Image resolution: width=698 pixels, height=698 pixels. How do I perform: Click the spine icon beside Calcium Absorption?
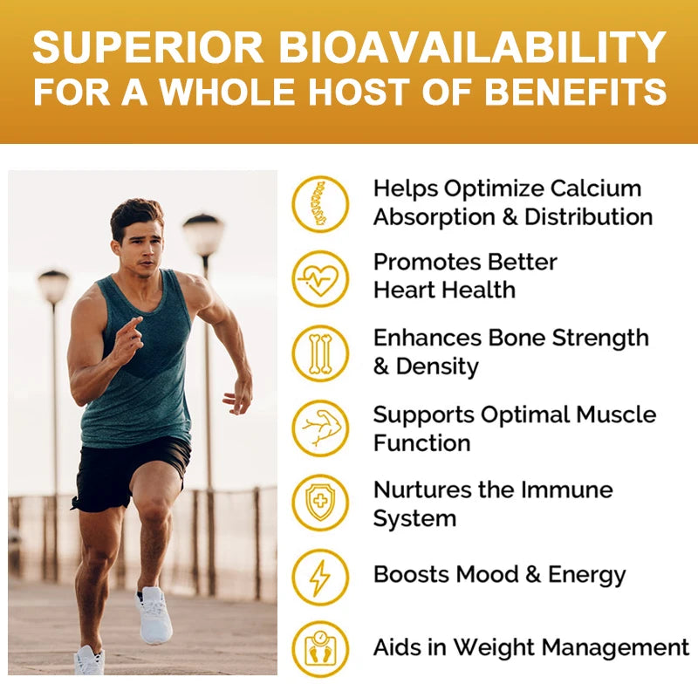[x=320, y=203]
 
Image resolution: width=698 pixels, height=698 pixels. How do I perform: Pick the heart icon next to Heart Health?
[x=320, y=278]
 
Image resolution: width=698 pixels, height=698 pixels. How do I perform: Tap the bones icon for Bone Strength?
[x=320, y=352]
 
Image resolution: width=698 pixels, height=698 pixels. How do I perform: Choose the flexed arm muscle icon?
[x=320, y=428]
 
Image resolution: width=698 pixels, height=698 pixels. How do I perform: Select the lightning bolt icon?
[x=320, y=577]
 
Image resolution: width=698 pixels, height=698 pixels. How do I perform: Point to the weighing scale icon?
[x=320, y=650]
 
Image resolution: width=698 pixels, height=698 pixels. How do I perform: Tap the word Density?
[x=437, y=366]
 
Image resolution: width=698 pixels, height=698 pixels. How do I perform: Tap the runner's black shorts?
[x=131, y=471]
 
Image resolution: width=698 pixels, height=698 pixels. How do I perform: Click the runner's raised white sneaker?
[x=154, y=614]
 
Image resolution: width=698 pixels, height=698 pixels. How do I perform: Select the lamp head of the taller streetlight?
[x=202, y=233]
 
